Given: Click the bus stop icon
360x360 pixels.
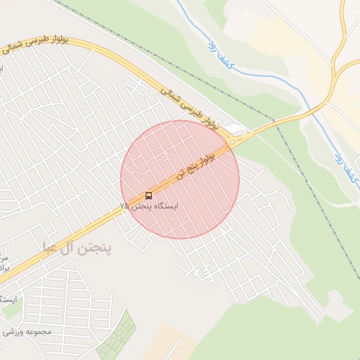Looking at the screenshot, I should click(148, 195).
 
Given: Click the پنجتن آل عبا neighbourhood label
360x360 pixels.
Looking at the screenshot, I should click(77, 247).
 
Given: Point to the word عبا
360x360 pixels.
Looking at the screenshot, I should click(51, 247).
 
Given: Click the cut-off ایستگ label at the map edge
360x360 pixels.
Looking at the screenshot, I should click(10, 299).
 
